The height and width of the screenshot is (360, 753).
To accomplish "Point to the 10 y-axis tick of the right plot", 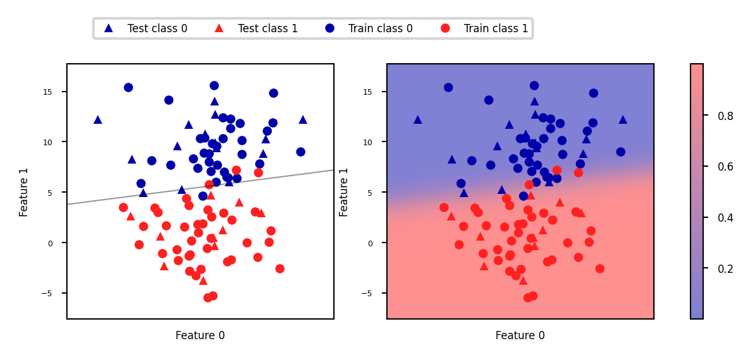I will click(374, 142).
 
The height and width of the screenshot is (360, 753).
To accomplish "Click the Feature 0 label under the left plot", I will click(200, 335).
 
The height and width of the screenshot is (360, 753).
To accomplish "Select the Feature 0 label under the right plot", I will click(520, 335).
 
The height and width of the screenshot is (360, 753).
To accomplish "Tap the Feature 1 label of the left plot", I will click(24, 192).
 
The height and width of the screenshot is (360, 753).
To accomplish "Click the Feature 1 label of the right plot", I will click(344, 192).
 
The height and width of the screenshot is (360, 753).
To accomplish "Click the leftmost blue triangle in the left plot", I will click(98, 119).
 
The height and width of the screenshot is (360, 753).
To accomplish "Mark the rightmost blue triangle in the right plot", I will click(623, 119).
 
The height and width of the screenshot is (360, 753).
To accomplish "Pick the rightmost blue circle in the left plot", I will click(300, 152).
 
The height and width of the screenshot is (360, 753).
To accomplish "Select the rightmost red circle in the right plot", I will click(600, 268).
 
